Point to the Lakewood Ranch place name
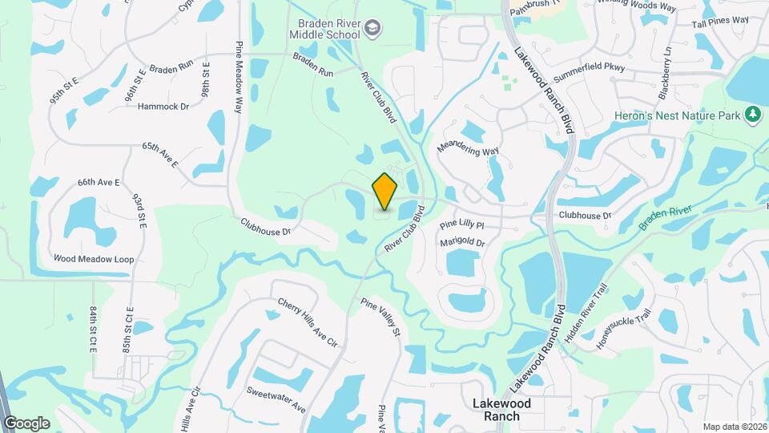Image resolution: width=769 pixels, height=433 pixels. pos(507,410)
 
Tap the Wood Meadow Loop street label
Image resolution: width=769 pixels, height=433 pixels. pos(94,259)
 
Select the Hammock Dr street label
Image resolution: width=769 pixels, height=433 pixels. pos(163,106)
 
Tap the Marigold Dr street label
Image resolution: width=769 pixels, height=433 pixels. pos(462,242)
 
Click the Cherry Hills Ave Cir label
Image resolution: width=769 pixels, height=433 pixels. pos(308,322)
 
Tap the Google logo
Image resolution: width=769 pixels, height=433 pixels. pos(26,423)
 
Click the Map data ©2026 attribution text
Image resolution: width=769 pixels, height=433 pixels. pos(734,427)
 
